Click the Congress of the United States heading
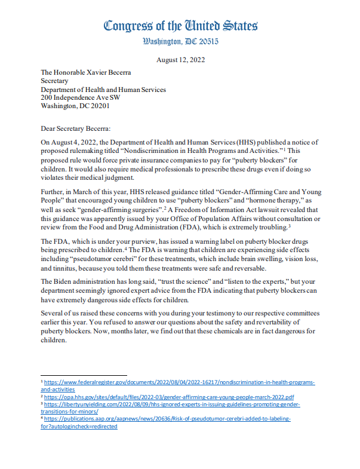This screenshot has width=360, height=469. point(180,26)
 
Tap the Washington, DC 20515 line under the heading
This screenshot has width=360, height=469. point(180,41)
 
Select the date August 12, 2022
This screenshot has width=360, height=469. point(180,60)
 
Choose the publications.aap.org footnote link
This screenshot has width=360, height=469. point(167,419)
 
